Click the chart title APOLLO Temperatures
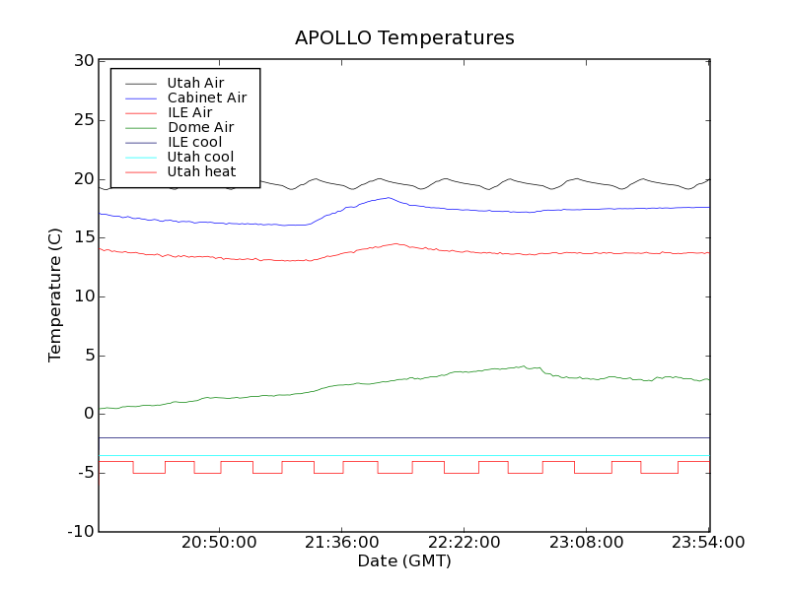(x=404, y=38)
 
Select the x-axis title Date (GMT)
(x=404, y=561)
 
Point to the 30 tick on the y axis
(x=84, y=61)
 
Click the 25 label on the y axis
(x=84, y=120)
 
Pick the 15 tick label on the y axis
(x=84, y=237)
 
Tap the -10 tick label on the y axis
(x=81, y=532)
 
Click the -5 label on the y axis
(x=84, y=473)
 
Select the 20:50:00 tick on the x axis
(x=219, y=543)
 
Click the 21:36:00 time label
(x=341, y=543)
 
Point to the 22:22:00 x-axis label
(x=464, y=543)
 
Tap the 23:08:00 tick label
(x=586, y=543)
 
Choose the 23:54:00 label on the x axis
(x=708, y=543)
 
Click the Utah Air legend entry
(x=195, y=83)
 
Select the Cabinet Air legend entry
(x=206, y=98)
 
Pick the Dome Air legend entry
(x=200, y=127)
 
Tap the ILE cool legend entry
(x=194, y=142)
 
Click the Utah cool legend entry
(x=200, y=157)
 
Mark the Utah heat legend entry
(x=201, y=171)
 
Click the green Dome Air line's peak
(x=523, y=366)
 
